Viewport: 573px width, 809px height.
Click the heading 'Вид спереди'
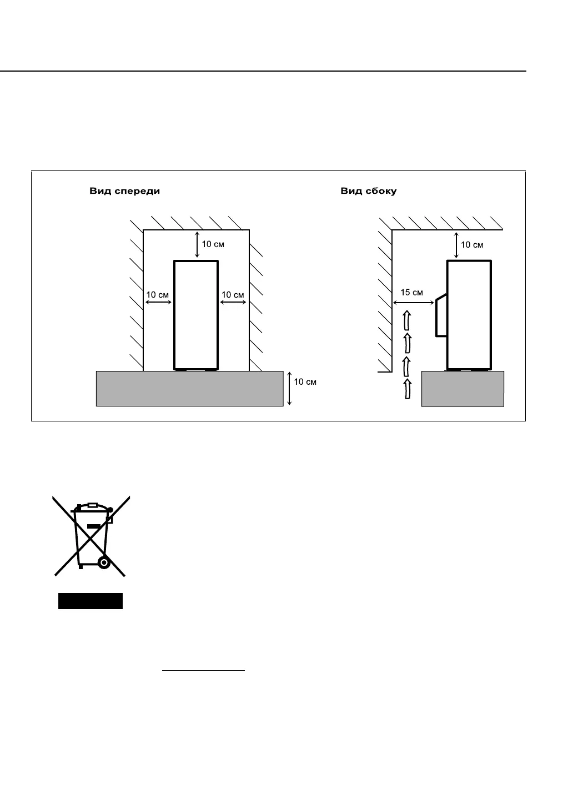(x=125, y=192)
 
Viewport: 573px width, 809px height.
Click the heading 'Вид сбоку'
(x=368, y=192)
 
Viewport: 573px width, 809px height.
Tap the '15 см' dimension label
(x=411, y=293)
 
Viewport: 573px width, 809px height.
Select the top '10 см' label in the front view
(x=213, y=244)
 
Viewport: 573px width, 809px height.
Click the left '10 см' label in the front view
(x=158, y=294)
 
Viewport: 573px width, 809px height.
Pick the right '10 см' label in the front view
(x=233, y=294)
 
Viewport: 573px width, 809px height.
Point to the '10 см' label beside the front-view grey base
(x=305, y=382)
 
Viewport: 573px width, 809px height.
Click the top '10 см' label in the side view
(x=472, y=245)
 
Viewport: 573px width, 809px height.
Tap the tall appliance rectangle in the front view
(x=196, y=314)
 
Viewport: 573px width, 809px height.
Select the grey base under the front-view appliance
(x=189, y=389)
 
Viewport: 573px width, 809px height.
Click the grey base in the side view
(x=463, y=389)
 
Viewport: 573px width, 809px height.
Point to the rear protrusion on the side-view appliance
(x=440, y=315)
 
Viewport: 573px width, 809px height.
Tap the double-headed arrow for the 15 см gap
(x=413, y=303)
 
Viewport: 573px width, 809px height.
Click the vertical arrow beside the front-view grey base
(x=289, y=389)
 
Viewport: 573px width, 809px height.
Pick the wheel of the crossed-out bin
(x=103, y=562)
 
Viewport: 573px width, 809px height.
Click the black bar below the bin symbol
(x=91, y=601)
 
